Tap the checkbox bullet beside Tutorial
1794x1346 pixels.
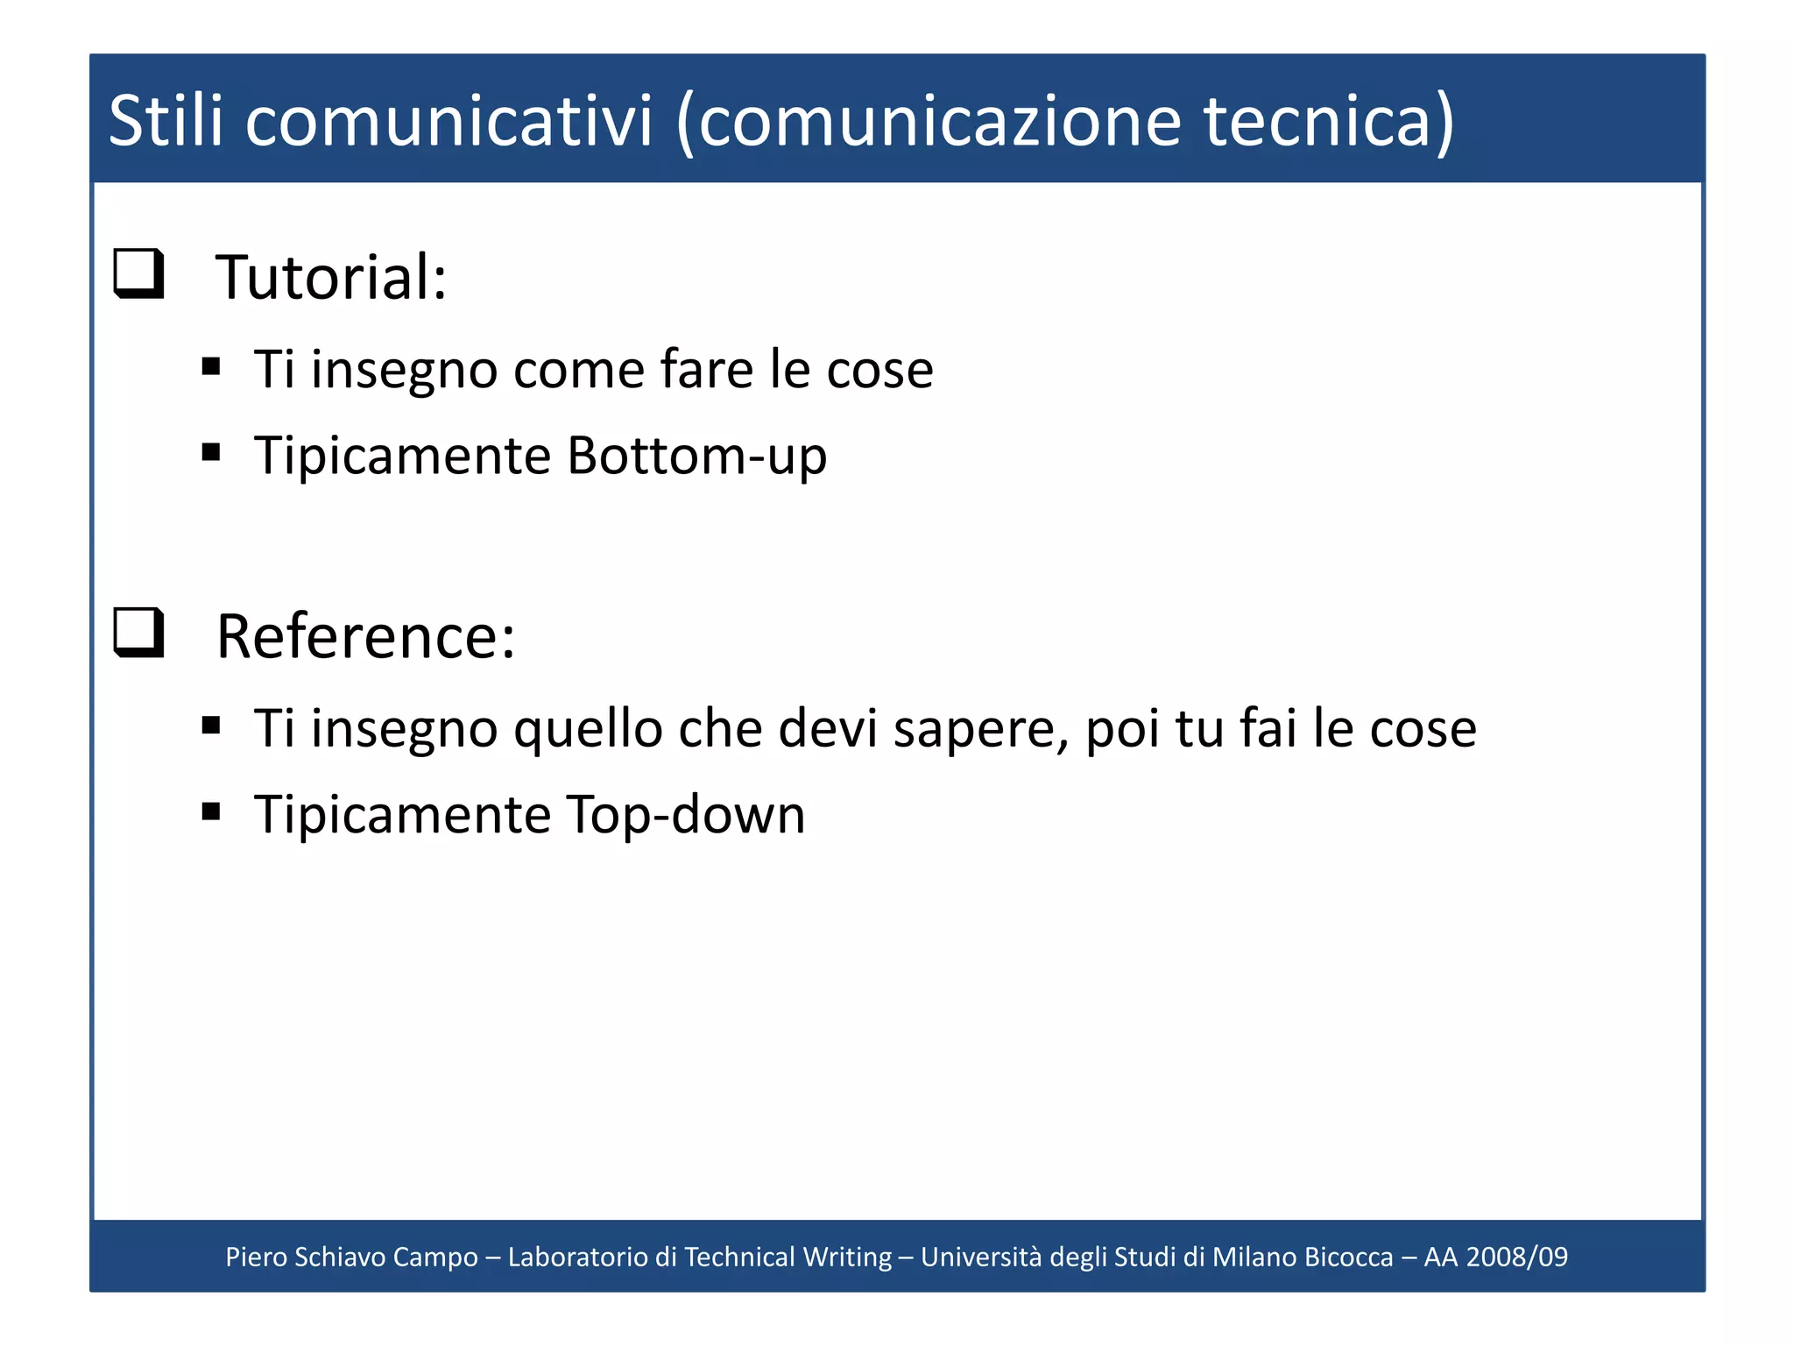139,273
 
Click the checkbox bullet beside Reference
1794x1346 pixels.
139,632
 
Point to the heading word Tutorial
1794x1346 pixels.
331,278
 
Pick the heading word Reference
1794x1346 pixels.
365,637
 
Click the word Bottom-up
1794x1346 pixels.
697,456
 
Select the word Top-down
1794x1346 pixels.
686,815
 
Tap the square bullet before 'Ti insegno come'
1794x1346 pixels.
210,366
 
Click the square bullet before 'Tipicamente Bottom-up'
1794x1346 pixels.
210,452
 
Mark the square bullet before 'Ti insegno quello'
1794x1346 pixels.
210,725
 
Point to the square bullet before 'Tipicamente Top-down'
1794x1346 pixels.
210,811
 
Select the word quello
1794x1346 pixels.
588,729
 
